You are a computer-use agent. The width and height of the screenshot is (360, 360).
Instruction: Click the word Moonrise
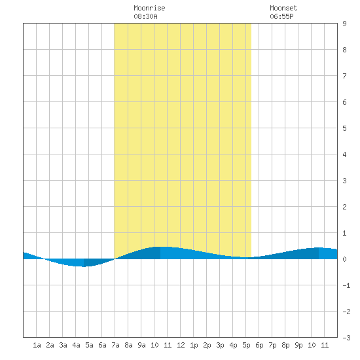(x=149, y=8)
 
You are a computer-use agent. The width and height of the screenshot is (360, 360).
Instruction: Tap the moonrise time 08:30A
(x=145, y=16)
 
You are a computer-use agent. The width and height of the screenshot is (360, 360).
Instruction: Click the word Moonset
(x=283, y=8)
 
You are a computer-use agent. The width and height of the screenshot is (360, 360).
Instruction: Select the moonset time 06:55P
(x=281, y=16)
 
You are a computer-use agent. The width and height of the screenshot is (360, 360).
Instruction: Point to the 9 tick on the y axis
(x=344, y=24)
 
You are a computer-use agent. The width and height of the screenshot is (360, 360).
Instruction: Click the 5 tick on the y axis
(x=344, y=128)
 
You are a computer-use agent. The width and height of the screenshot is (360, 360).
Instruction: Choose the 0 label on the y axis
(x=344, y=259)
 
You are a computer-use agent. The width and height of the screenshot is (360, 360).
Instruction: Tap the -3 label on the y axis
(x=346, y=338)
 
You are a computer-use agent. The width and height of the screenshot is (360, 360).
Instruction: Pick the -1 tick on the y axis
(x=346, y=285)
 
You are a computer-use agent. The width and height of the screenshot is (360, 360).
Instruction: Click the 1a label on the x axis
(x=37, y=345)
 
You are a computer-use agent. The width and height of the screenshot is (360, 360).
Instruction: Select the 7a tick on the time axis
(x=115, y=345)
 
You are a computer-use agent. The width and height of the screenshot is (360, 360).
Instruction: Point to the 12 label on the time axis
(x=181, y=345)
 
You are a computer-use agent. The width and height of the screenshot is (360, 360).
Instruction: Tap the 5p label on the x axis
(x=246, y=345)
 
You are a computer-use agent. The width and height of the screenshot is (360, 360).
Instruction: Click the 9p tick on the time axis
(x=298, y=345)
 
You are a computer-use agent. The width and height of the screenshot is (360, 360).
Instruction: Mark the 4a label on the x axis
(x=76, y=345)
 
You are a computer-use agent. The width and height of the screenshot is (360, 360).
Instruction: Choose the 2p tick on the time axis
(x=207, y=345)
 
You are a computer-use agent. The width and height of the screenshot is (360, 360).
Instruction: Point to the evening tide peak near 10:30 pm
(x=319, y=247)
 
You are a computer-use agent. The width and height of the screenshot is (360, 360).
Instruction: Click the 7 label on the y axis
(x=344, y=76)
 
